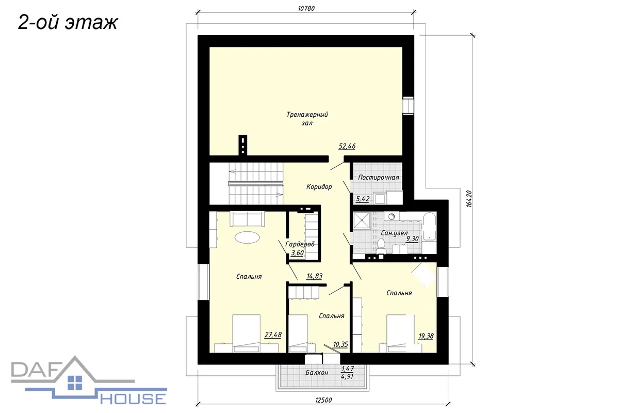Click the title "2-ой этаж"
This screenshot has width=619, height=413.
[68, 22]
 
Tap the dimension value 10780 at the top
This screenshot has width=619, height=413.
[306, 9]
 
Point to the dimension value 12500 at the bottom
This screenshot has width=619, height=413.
[323, 400]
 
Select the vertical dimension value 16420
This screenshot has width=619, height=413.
[469, 199]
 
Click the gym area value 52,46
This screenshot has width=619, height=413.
[347, 146]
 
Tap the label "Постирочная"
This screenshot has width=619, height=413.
[379, 177]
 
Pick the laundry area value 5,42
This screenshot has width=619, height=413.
[363, 199]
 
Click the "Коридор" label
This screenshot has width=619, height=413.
[319, 187]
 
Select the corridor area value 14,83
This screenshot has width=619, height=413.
[315, 276]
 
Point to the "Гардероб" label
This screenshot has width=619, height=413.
[300, 244]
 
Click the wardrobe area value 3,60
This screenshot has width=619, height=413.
[298, 252]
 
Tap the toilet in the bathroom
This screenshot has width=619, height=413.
[381, 246]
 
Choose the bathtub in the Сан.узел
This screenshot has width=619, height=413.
[429, 227]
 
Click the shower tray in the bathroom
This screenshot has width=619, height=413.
[362, 220]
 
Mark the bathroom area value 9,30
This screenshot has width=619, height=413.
[412, 239]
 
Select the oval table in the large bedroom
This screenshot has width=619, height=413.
[247, 237]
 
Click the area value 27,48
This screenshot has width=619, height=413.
[273, 335]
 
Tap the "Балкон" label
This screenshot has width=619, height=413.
[317, 373]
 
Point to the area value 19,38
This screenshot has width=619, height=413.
[426, 336]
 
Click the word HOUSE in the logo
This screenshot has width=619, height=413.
[133, 399]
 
